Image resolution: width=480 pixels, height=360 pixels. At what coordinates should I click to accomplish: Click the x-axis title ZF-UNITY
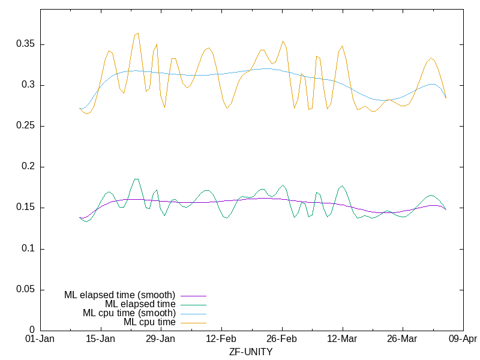(251, 352)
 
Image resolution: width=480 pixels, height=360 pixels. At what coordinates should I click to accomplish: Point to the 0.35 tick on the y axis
(25, 44)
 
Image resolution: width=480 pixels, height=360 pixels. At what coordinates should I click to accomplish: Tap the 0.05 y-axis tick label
(25, 289)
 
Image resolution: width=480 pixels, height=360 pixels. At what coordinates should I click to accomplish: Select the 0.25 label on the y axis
(25, 126)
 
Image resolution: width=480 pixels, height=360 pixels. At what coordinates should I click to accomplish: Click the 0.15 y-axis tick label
(25, 208)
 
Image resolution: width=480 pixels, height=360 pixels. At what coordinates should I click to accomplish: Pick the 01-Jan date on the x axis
(40, 339)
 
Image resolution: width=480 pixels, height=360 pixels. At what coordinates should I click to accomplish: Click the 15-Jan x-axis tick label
(100, 339)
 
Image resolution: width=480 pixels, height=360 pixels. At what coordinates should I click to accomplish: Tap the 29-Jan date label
(161, 339)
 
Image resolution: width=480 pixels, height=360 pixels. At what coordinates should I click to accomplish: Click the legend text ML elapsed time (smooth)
(119, 295)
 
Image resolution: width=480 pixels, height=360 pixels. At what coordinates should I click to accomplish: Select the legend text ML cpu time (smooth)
(129, 313)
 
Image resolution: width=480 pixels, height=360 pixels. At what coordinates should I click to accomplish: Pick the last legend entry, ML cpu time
(149, 322)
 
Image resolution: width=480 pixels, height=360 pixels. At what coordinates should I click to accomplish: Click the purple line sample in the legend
(193, 295)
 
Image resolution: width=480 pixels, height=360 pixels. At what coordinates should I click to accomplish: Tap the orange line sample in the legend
(193, 322)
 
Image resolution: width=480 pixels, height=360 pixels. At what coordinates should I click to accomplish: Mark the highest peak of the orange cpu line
(138, 34)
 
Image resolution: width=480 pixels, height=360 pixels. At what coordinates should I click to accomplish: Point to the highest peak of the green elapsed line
(136, 179)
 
